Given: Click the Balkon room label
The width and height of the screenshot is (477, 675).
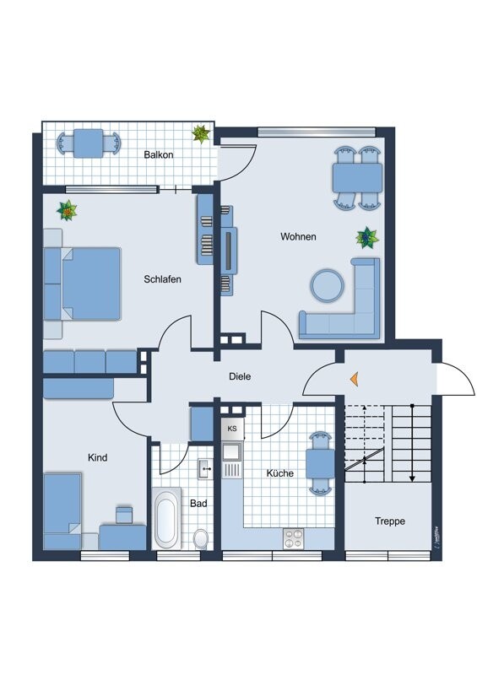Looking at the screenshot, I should pos(159,155).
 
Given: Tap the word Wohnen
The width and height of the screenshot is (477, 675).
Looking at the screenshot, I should pos(298,237).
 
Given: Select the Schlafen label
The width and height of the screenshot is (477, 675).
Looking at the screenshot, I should pos(162,279).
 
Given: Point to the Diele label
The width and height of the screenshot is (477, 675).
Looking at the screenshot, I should pos(241,378).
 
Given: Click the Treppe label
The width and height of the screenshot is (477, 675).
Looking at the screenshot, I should pos(390,521).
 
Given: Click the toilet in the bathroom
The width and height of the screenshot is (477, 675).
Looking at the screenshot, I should pos(201,537).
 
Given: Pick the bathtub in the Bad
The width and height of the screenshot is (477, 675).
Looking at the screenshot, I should pos(165,519).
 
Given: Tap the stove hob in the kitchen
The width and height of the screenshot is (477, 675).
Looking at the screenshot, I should pos(294,536).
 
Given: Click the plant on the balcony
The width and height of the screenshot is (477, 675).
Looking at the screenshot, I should pos(201,133).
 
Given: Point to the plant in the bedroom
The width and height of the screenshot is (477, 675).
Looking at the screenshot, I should pos(67,209).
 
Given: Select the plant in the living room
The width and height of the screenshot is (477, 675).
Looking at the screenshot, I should pos(367,238).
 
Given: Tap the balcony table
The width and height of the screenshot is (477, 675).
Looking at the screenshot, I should pos(88,143).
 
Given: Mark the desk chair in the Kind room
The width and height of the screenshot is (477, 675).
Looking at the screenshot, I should pos(124,514).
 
